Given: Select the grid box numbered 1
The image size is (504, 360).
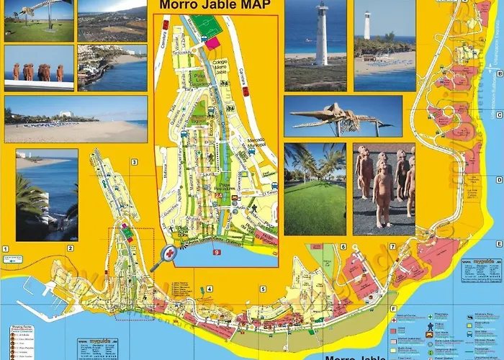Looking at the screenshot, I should coord(4,248).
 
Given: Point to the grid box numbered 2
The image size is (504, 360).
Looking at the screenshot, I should coord(70,248).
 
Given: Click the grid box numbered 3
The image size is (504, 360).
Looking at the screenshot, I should coord(134,162).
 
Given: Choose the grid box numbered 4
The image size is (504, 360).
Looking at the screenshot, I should coord(209,289).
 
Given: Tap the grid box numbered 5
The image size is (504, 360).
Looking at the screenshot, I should coord(264,289).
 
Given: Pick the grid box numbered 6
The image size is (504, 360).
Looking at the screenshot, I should coord(343,247).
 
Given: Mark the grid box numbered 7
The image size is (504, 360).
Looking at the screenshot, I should coord(392,247).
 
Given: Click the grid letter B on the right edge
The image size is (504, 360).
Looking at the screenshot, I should coord(498,72).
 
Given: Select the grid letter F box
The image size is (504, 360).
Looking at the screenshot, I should coord(394,309).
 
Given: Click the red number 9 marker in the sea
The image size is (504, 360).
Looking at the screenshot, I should coord(216,252).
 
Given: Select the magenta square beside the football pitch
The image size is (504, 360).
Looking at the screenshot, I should coord(213,42).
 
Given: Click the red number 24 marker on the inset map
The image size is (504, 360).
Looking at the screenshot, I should coord(217,194).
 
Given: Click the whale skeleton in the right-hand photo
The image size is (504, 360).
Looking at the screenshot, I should coord(338,117).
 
